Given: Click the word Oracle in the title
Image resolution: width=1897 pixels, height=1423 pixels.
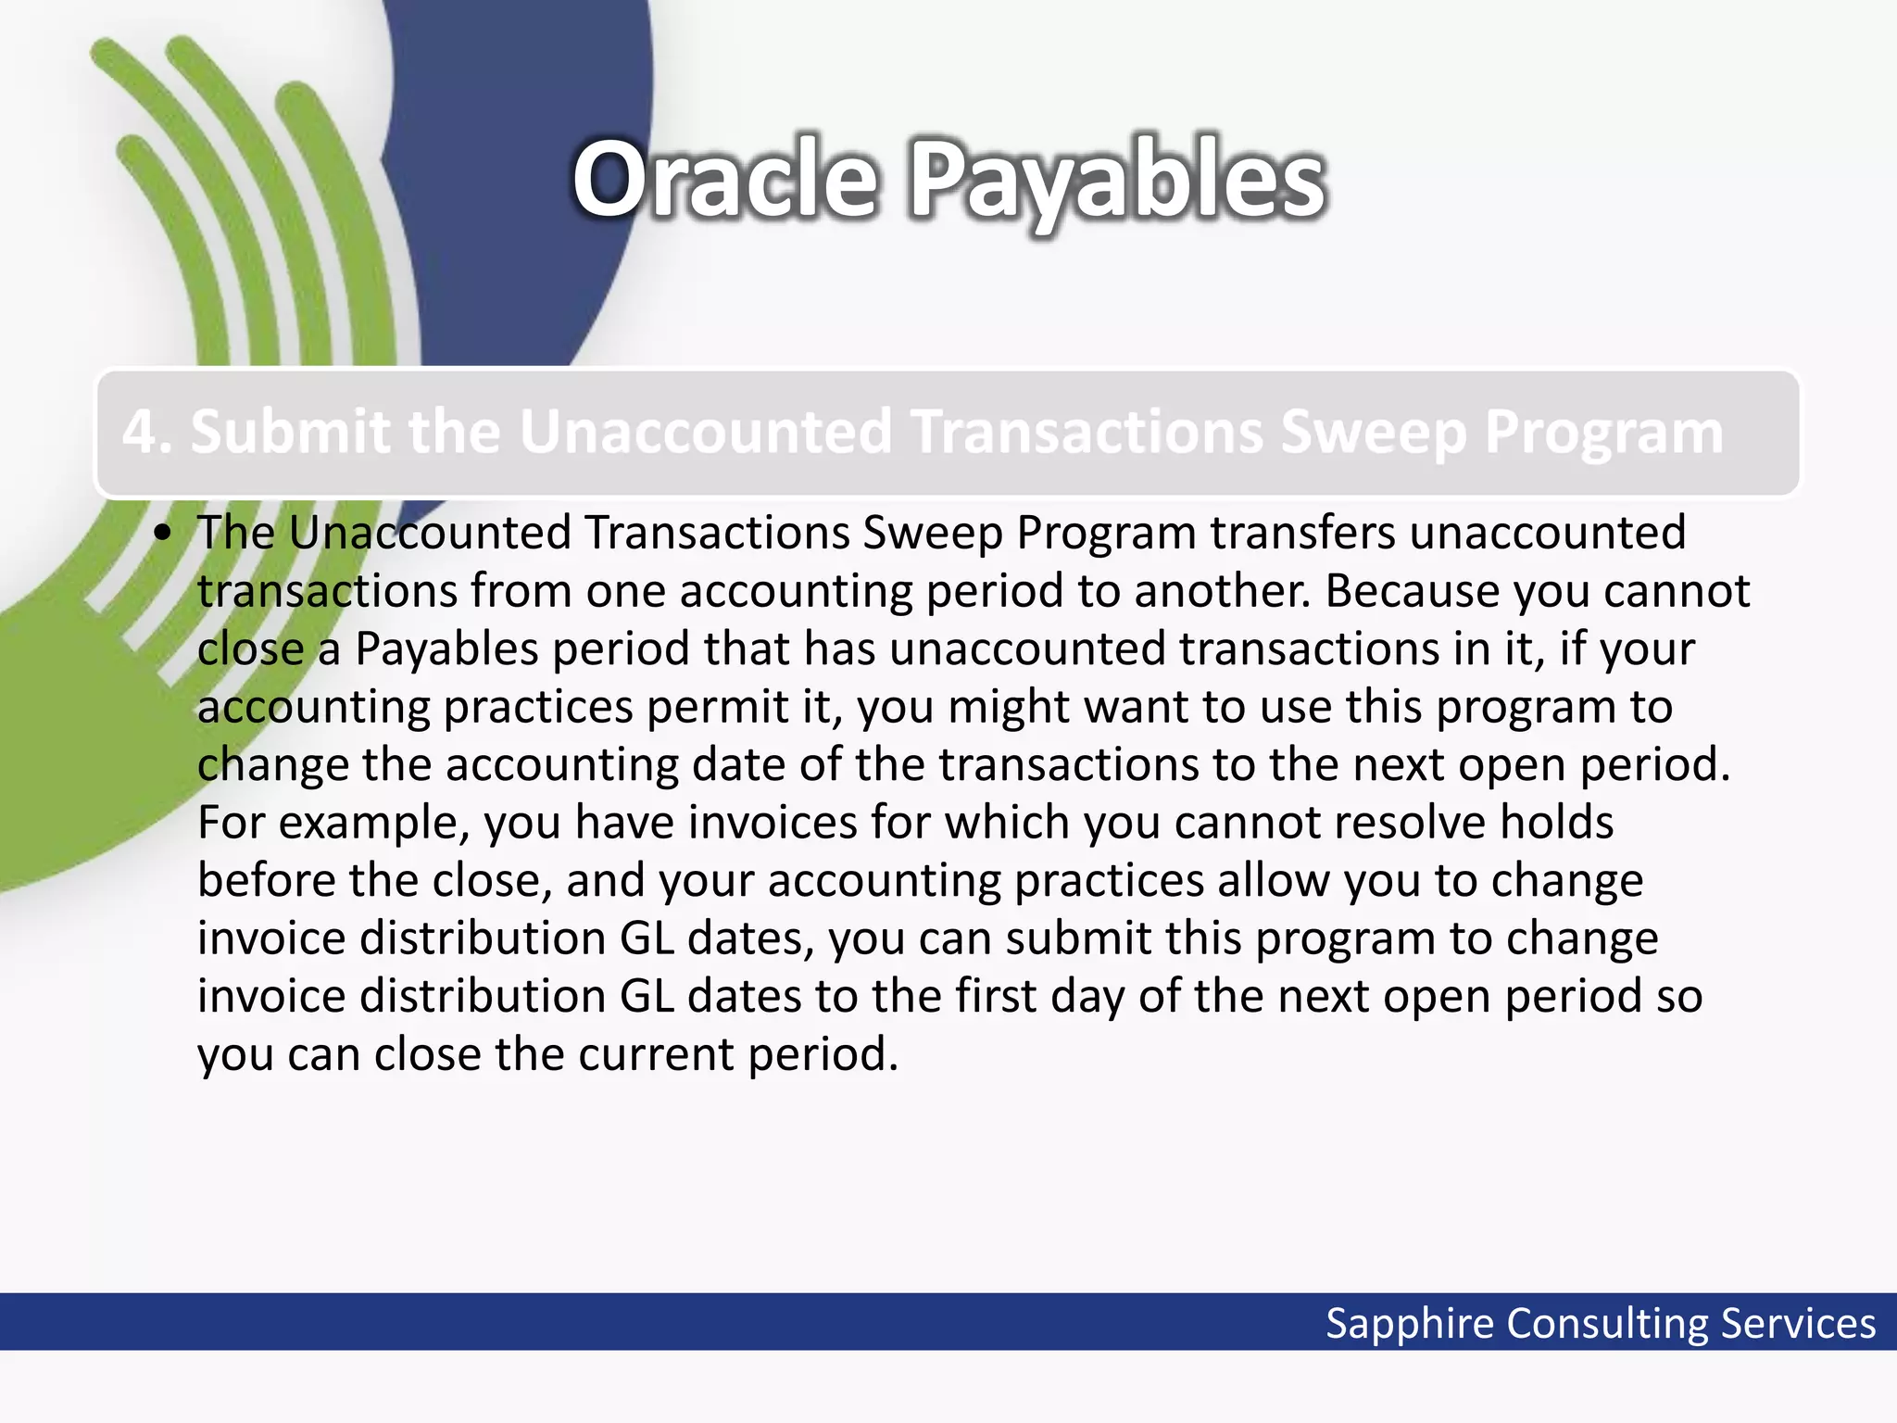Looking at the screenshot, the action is coord(724,179).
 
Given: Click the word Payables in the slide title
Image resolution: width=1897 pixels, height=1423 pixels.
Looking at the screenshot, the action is coord(1118,183).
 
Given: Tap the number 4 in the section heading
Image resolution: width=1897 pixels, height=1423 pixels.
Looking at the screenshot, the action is coord(139,433).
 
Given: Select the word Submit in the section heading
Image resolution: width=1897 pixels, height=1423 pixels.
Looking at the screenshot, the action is coord(292,432).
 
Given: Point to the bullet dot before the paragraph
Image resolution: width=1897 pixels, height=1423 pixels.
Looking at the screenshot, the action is coord(164,534).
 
